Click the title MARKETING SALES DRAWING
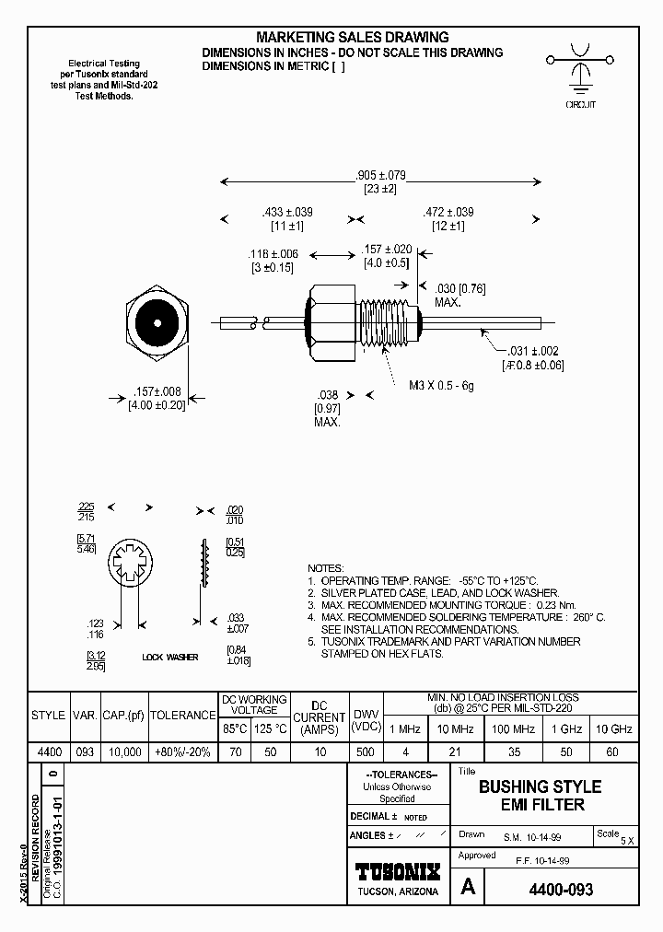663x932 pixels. [x=352, y=37]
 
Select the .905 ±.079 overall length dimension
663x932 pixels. [x=380, y=175]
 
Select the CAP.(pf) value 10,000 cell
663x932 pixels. [x=124, y=752]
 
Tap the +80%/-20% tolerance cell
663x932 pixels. [x=182, y=752]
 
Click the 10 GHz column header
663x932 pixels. [x=613, y=728]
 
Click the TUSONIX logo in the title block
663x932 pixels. [x=398, y=871]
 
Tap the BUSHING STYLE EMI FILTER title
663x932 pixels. [x=540, y=796]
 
